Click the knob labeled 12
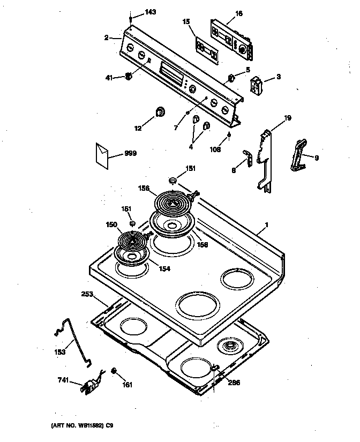click(x=160, y=111)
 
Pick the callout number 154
click(x=164, y=268)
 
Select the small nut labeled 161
click(x=114, y=371)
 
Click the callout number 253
click(x=87, y=294)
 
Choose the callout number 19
click(x=287, y=117)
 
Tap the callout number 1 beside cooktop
click(x=267, y=226)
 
